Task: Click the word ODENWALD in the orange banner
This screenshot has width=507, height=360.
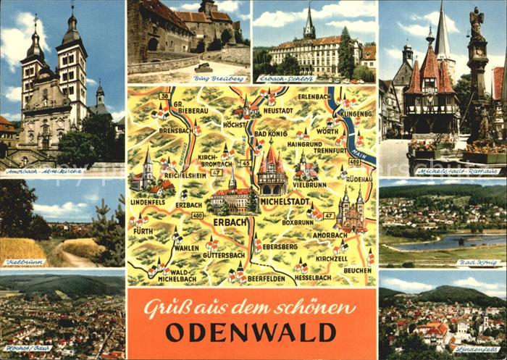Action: pyautogui.click(x=251, y=332)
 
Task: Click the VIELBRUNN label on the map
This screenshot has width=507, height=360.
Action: pyautogui.click(x=310, y=185)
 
